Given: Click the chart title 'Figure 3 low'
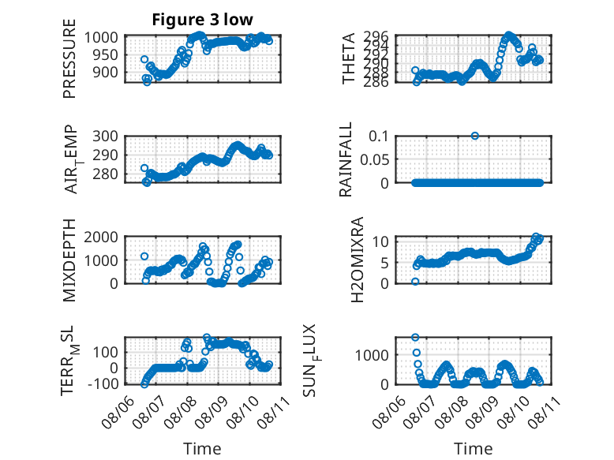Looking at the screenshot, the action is coord(203,20).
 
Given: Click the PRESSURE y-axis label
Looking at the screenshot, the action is coord(69,58).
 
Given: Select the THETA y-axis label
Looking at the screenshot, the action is coord(348,58).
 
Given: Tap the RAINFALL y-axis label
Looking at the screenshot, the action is coord(346,159).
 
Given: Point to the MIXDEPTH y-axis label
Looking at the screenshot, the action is coord(69,260).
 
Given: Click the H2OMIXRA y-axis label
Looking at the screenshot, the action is coord(358,260).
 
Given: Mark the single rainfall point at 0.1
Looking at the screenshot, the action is coord(475,136).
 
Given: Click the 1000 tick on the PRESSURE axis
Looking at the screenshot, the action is coord(101,38).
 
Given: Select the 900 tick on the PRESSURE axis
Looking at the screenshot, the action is coord(105,72).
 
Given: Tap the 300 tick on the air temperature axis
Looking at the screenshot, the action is coord(105,137).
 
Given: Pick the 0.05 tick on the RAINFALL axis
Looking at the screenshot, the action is coord(374,159).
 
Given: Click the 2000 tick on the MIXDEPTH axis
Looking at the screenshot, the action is coord(101,237).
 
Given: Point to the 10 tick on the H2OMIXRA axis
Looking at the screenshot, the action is coord(380,241).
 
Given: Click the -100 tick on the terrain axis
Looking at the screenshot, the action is coord(103,383).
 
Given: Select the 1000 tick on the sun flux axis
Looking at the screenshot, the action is coord(372,355).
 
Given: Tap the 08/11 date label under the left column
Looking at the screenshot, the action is coord(274,411).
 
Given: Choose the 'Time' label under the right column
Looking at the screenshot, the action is coord(473,449).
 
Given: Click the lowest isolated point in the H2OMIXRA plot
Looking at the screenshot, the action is coord(415,282).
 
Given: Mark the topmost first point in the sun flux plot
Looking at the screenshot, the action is coord(415,337).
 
